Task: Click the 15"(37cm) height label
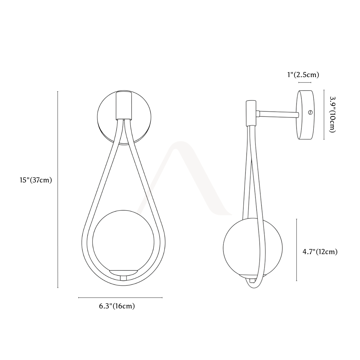click(x=36, y=180)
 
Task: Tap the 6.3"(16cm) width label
click(x=117, y=306)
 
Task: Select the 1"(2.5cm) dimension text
click(x=303, y=75)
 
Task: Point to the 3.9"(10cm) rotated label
click(x=332, y=115)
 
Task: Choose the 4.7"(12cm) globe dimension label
click(x=320, y=252)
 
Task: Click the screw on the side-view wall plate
click(x=310, y=112)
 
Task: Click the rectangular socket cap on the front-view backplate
click(x=124, y=105)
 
